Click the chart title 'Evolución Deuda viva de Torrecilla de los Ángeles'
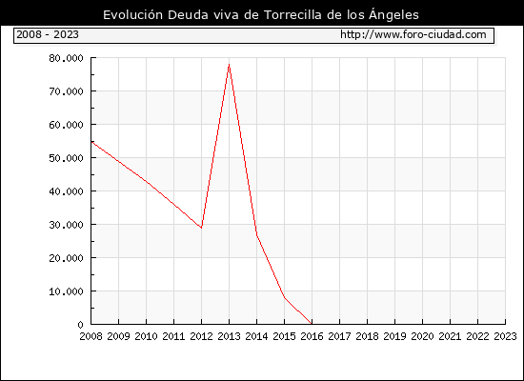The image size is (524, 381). [x=261, y=15]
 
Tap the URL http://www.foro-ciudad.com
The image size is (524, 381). [x=413, y=34]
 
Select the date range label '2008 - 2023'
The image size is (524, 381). [x=48, y=34]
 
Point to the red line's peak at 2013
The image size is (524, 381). [x=229, y=64]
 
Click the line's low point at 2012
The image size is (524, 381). [x=201, y=228]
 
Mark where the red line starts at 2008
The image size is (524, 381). [x=91, y=142]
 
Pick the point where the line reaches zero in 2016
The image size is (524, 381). [x=312, y=324]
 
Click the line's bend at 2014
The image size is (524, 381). [x=256, y=235]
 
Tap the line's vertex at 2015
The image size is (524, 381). [x=285, y=297]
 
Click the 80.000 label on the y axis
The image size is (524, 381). [x=66, y=58]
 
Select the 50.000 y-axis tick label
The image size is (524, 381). [x=66, y=158]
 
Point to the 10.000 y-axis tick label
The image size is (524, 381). [x=66, y=291]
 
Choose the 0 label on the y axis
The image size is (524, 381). [x=80, y=325]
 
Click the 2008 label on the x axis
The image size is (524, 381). [x=91, y=336]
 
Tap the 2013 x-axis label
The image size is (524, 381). [x=229, y=336]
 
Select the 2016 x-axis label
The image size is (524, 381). [x=312, y=336]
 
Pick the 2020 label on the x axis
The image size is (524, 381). [x=422, y=336]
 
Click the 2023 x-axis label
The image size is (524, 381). [x=505, y=336]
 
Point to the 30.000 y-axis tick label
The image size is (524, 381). [x=66, y=225]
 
